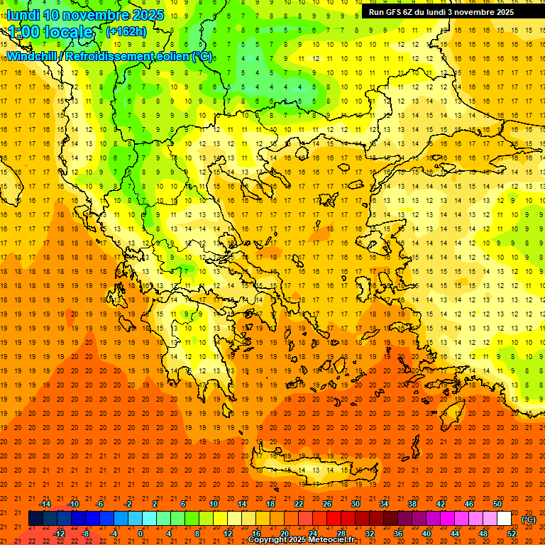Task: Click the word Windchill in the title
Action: tap(33, 56)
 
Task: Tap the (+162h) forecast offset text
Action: tap(126, 32)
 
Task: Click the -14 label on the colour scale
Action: tap(46, 504)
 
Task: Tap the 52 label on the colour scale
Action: tap(512, 533)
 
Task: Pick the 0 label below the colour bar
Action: tap(141, 533)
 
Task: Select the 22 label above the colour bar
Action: tap(299, 504)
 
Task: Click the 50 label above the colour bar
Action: tap(497, 504)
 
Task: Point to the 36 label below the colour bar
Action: tap(398, 533)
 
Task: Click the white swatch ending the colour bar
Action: tap(504, 519)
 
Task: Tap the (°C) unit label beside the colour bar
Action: tap(529, 519)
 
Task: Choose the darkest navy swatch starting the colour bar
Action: tap(35, 519)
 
